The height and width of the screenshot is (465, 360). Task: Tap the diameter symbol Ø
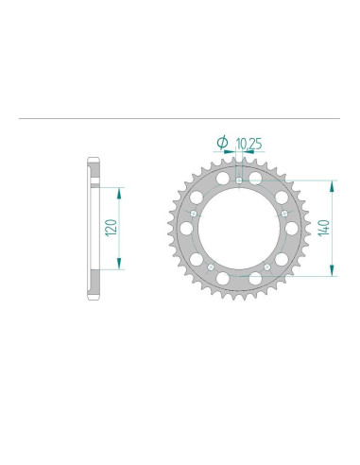click(222, 142)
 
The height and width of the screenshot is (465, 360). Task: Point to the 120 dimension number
click(111, 228)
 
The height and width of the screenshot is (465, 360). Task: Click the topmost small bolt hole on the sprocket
click(239, 181)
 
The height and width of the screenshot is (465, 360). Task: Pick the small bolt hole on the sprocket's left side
click(194, 214)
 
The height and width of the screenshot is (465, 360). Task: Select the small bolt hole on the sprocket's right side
click(284, 214)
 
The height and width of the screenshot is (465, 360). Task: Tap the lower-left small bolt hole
click(211, 267)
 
